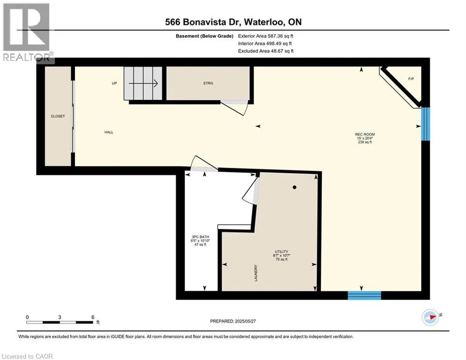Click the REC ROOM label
click(364, 135)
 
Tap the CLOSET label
click(58, 116)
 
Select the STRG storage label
click(208, 83)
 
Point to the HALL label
click(109, 132)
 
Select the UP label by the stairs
click(114, 83)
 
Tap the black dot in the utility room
click(295, 187)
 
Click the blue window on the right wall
click(425, 123)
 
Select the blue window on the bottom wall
click(364, 295)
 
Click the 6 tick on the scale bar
click(92, 317)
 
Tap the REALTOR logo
click(27, 33)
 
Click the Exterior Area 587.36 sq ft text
click(266, 36)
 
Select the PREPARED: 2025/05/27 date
click(234, 321)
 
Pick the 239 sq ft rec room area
click(364, 142)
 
